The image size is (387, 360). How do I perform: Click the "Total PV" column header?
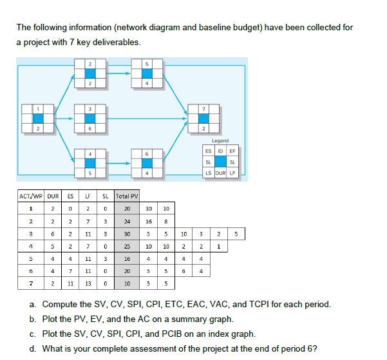pos(127,196)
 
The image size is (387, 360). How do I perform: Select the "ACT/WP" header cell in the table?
pos(30,196)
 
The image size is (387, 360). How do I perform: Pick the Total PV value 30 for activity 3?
pos(127,233)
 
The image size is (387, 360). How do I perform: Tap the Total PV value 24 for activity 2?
pos(127,221)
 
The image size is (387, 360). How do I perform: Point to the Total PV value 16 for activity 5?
pos(127,258)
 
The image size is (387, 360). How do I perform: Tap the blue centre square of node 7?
pos(203,118)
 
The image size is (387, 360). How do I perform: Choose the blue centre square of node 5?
pos(147,73)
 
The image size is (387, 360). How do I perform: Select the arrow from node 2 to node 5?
pos(119,73)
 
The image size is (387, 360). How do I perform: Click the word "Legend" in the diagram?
pos(220,140)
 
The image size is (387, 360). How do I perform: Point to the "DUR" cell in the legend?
pos(220,173)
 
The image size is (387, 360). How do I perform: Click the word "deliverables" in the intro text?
pos(117,42)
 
